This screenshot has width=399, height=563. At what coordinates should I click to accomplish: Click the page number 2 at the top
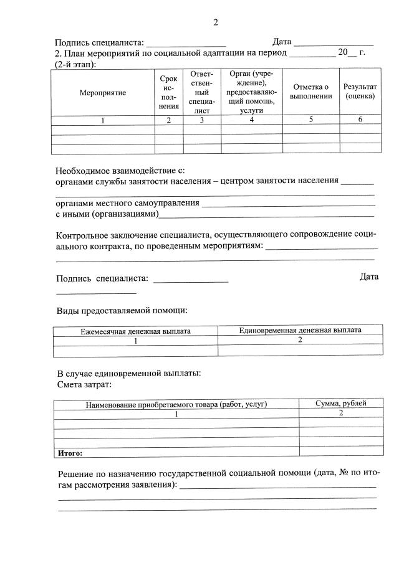pos(216,23)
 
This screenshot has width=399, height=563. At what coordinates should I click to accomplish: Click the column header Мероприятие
pos(103,93)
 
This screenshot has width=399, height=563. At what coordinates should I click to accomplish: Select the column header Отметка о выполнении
pos(310,92)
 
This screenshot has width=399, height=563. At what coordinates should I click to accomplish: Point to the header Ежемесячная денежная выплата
pos(135,331)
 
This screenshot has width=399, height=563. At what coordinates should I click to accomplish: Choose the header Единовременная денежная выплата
pos(300,330)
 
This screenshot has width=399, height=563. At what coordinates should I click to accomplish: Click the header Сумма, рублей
pos(341,404)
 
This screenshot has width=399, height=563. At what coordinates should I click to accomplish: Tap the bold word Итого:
pos(70,453)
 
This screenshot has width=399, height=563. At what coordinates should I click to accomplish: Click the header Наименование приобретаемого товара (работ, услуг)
pos(176,404)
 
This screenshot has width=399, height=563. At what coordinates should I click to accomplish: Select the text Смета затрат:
pos(84,385)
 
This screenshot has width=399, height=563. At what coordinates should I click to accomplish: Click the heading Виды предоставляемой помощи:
pos(122,310)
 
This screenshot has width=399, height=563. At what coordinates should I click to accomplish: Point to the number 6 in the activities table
pos(360,120)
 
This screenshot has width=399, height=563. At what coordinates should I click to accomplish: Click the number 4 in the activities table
pos(252,120)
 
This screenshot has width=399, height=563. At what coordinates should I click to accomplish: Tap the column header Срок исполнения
pos(168,92)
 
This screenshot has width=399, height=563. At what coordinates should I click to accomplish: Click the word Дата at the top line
pos(282,42)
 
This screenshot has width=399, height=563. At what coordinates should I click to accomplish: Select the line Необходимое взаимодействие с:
pos(120,170)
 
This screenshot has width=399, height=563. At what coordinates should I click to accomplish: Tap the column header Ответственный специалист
pos(201,92)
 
